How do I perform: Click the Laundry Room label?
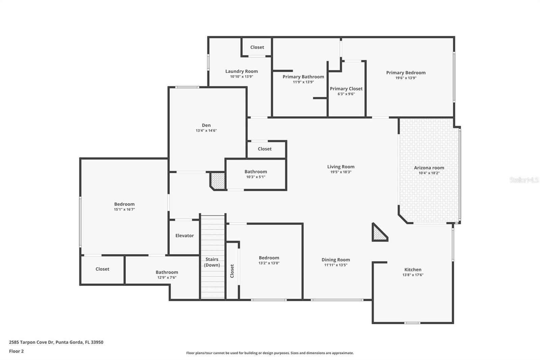point(241,71)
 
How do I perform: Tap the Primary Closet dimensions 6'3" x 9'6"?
point(346,94)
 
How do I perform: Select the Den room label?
point(206,125)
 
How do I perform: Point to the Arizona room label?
point(429,168)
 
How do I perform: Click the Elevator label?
point(185,236)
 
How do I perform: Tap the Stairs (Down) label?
point(212,262)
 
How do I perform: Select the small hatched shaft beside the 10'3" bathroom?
point(218,180)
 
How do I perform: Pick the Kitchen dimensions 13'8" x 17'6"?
point(413,275)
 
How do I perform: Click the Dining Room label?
point(335,260)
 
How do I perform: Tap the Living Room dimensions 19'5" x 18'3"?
point(341,172)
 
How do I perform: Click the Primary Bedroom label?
point(406,73)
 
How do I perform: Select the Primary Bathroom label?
point(303,77)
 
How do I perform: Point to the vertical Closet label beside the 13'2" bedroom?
point(232,271)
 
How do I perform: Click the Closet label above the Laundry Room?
point(257,47)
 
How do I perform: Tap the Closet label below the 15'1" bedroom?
point(102,269)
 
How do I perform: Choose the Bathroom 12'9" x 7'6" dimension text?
point(167,278)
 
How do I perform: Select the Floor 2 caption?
point(16,351)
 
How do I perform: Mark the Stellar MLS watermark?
point(524,180)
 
